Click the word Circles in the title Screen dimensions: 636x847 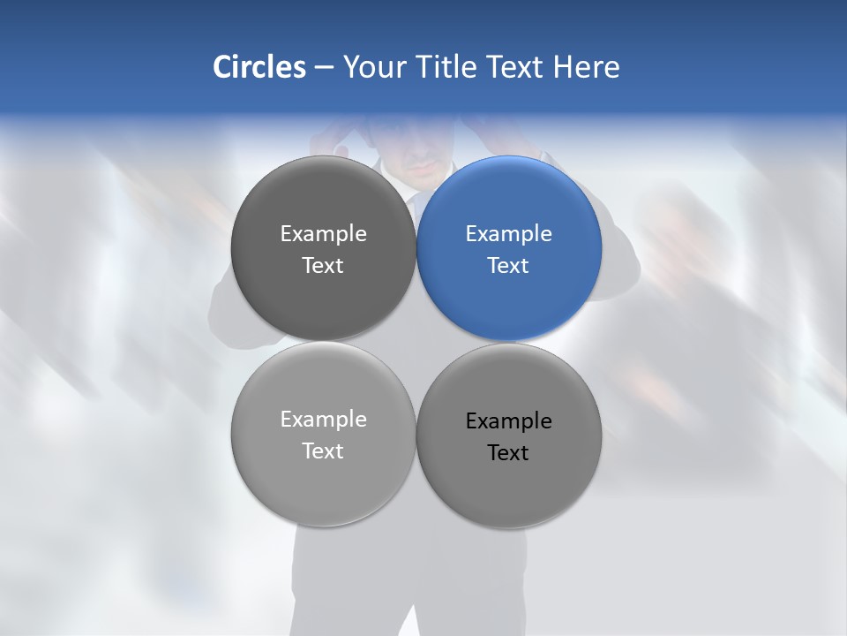(x=259, y=67)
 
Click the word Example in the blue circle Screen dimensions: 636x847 (x=508, y=234)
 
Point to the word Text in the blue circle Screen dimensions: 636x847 (x=508, y=266)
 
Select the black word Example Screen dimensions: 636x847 (x=508, y=421)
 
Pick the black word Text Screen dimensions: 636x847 (x=508, y=453)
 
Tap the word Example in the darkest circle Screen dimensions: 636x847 (x=323, y=234)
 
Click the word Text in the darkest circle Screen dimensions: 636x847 (x=323, y=266)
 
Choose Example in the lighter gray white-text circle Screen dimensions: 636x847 (x=323, y=420)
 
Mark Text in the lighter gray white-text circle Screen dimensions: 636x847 (x=323, y=451)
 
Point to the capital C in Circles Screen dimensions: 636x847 (x=222, y=67)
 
